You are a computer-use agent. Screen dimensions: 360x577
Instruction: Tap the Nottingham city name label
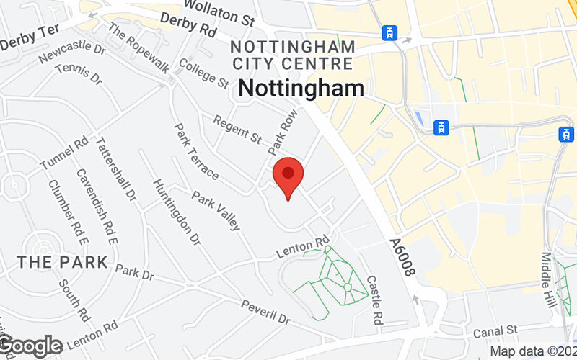tap(301, 89)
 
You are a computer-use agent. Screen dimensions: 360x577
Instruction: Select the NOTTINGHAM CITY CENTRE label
tap(293, 55)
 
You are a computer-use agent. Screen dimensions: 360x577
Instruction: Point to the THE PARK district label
tap(62, 263)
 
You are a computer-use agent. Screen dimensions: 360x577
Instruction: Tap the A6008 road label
tap(402, 258)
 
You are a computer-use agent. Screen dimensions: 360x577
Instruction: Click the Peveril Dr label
tap(265, 311)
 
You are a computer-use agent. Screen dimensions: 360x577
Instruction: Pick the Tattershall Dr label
tap(116, 168)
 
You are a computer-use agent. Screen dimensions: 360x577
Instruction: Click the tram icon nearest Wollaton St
tap(390, 32)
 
